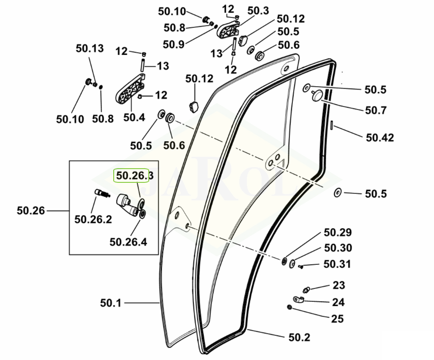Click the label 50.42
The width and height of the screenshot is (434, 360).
pyautogui.click(x=380, y=137)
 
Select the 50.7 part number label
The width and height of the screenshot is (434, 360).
pyautogui.click(x=376, y=110)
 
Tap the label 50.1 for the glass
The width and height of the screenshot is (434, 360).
pyautogui.click(x=111, y=303)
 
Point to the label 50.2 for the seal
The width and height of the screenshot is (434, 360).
pyautogui.click(x=299, y=337)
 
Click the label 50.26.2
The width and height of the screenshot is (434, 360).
pyautogui.click(x=93, y=219)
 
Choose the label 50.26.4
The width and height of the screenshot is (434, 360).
pyautogui.click(x=128, y=242)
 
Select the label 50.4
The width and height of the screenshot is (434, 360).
pyautogui.click(x=134, y=117)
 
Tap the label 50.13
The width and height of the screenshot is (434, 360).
pyautogui.click(x=90, y=48)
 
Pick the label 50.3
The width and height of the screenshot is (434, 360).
pyautogui.click(x=258, y=11)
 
